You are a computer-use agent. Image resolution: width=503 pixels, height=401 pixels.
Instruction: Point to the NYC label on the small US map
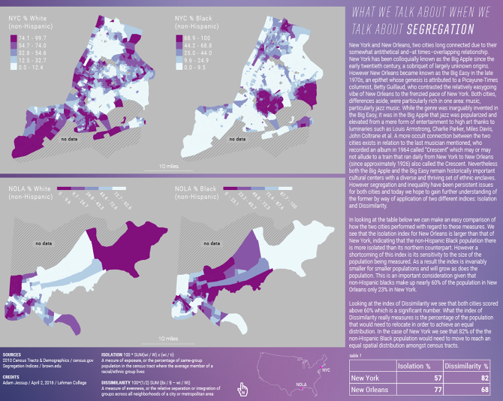(x=325, y=369)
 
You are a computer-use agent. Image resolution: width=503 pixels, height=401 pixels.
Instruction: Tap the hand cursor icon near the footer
(x=242, y=388)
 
